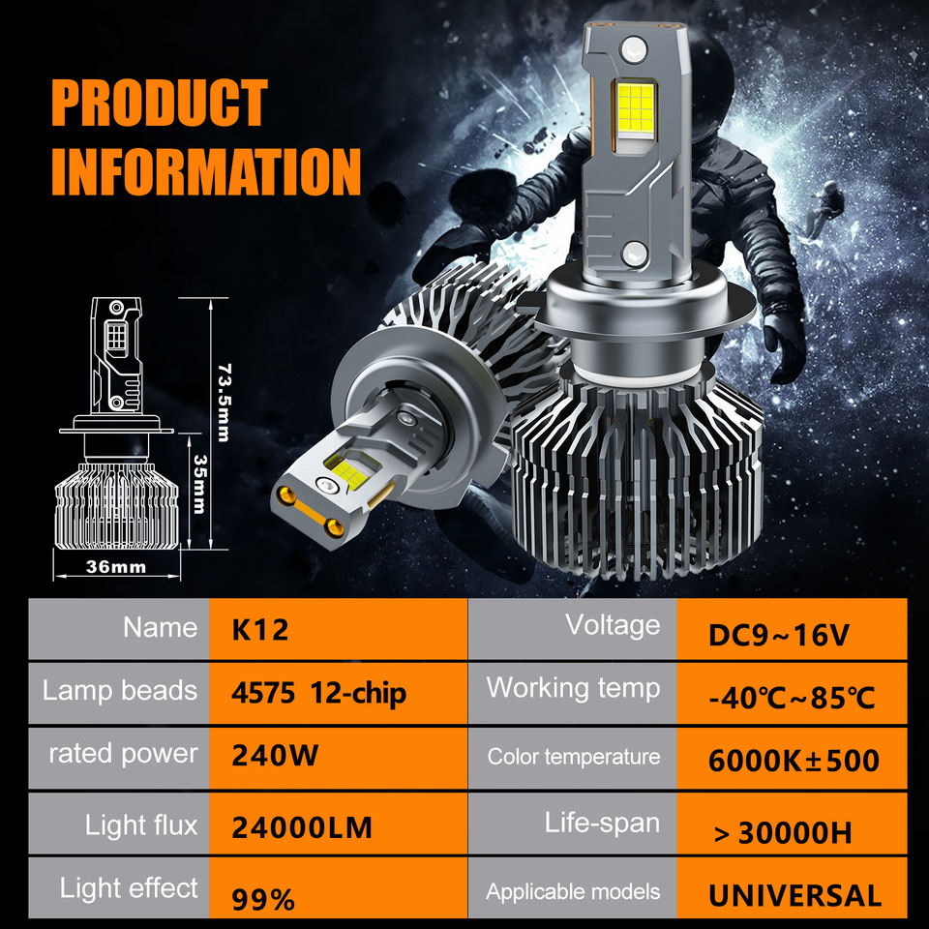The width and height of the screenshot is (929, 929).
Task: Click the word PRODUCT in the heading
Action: pos(159,104)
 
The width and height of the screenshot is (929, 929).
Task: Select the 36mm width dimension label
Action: pos(115,566)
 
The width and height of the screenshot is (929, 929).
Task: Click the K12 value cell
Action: pos(260,630)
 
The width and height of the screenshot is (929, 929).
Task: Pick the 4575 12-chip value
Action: pos(318,693)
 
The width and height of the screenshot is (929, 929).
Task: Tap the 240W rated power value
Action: pos(275,755)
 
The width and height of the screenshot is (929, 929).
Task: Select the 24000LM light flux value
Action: pos(302,827)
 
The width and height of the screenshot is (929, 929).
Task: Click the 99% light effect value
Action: pos(263,899)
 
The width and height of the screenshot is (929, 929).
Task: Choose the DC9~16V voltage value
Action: pos(779,635)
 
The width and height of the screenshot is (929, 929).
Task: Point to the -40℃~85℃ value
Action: pos(792,697)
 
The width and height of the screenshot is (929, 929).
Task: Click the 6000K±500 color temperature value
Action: pos(794,761)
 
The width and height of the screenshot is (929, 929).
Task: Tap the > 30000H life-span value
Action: pos(783,831)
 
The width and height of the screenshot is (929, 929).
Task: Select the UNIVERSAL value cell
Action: pos(794,895)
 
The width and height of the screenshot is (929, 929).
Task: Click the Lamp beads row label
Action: pos(119,691)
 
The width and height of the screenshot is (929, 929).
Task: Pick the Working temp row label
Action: pos(573,688)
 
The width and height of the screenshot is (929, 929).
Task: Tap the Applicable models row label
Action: pos(573,891)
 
